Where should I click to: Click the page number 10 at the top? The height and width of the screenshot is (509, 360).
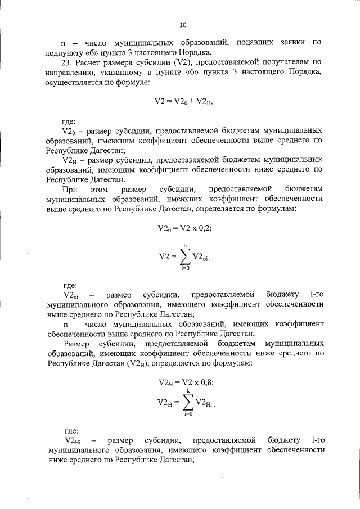183,25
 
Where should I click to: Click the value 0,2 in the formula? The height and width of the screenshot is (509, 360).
200,229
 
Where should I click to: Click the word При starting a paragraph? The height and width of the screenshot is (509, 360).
70,190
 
